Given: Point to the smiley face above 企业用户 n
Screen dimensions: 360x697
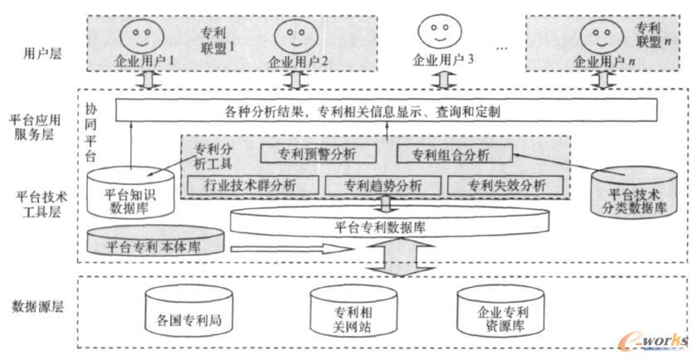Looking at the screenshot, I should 599,35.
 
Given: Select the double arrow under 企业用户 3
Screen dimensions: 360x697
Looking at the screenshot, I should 437,80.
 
